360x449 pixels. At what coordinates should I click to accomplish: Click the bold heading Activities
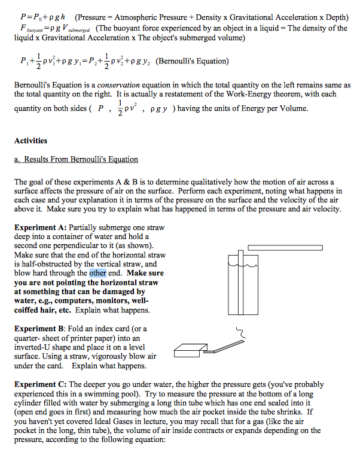tap(30, 141)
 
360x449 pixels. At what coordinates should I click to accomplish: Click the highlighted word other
tap(97, 273)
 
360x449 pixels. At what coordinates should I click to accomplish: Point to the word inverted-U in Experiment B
tap(35, 347)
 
